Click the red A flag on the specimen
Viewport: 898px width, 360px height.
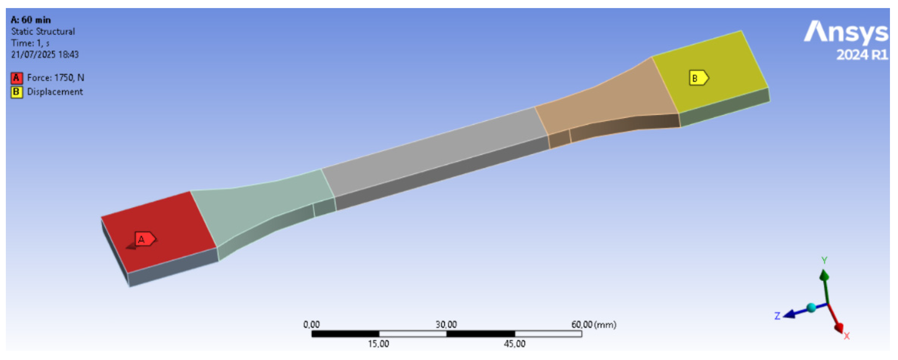145,239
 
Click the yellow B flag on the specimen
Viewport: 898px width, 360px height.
699,78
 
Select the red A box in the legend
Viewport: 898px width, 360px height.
16,78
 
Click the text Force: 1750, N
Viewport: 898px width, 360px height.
56,78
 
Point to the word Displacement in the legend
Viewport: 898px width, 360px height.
55,92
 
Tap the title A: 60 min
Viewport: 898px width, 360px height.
31,20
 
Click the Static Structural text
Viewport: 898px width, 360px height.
43,31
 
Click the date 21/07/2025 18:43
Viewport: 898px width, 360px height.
45,54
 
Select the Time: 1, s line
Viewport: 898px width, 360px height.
30,43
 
